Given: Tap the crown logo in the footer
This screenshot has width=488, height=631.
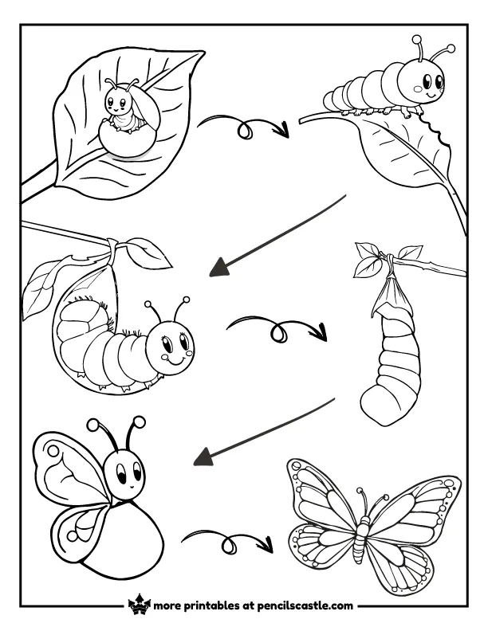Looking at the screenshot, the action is click(139, 605).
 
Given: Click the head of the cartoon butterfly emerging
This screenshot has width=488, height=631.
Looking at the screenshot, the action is click(126, 472).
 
